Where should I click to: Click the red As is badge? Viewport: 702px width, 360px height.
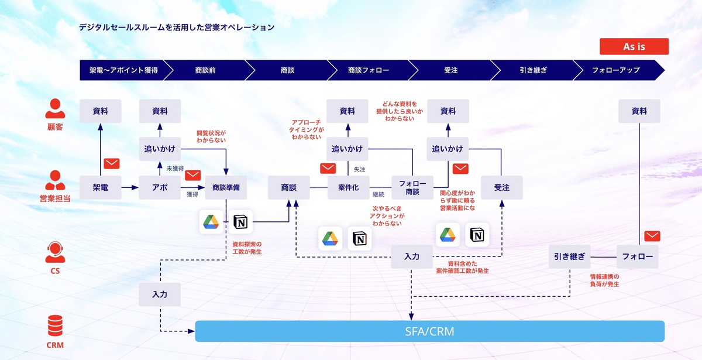point(634,47)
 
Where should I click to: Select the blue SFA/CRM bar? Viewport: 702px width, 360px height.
point(429,331)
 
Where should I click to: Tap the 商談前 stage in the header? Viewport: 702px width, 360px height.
point(205,70)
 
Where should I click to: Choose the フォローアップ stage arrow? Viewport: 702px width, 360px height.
point(615,70)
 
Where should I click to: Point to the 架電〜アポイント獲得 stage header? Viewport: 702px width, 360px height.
point(123,70)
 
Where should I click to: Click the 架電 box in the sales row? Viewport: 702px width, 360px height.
point(100,188)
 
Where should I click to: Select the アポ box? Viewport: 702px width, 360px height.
point(159,188)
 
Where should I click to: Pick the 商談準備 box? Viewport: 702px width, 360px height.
point(225,188)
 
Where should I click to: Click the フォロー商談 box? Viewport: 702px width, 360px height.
point(412,188)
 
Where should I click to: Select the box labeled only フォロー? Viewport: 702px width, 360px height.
point(638,256)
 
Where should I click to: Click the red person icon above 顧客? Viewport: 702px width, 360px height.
point(55,109)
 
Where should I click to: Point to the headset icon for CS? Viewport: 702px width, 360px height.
point(55,253)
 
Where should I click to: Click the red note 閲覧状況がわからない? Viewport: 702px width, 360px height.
point(211,136)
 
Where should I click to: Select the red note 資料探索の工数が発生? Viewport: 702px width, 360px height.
point(247,248)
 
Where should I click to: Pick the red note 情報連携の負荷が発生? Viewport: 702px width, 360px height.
point(604,280)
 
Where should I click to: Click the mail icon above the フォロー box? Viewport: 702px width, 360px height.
point(652,236)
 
